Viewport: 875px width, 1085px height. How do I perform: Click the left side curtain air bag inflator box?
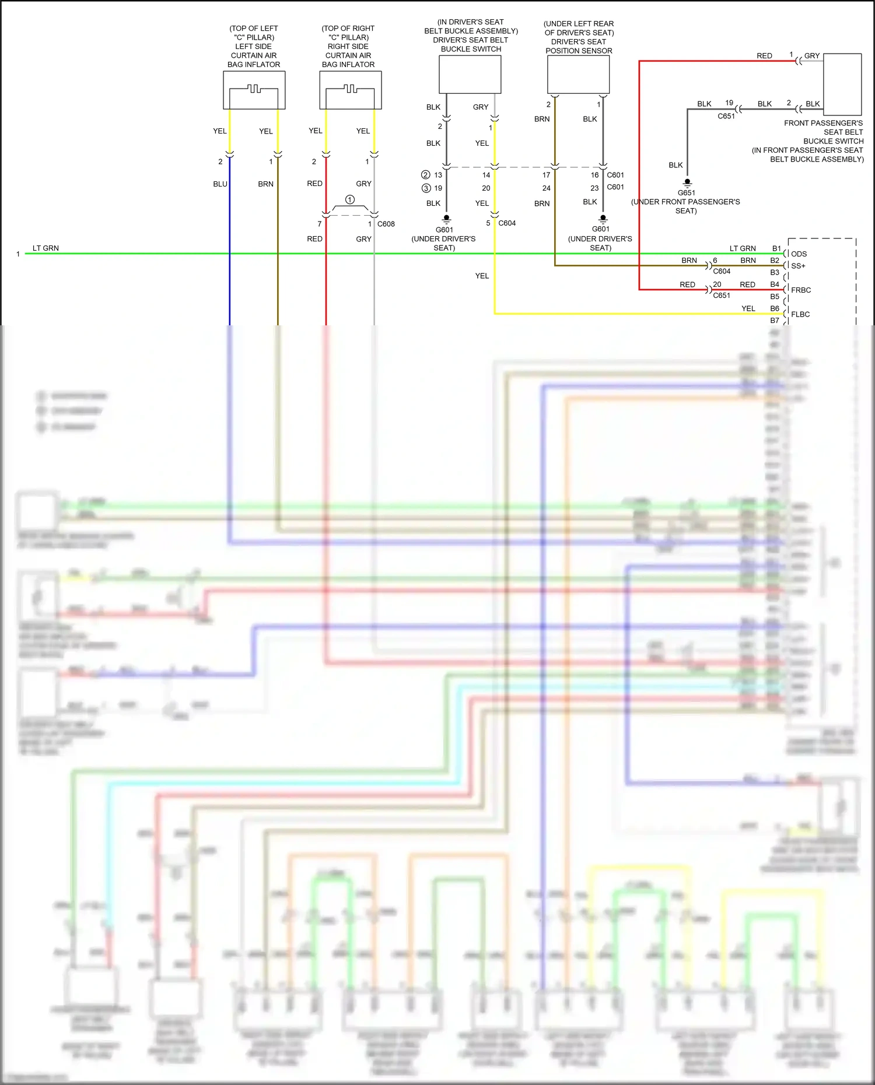254,90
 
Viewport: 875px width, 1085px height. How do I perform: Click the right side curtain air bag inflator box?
350,90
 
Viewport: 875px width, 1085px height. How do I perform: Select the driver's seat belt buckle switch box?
470,74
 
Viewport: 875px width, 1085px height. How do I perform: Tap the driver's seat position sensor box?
578,75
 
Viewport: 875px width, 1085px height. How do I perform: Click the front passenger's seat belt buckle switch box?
842,85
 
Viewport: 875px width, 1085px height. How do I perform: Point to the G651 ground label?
686,193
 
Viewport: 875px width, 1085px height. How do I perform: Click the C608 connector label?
386,224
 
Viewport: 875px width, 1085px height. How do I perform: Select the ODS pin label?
799,254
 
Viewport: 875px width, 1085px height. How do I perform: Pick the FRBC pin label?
800,290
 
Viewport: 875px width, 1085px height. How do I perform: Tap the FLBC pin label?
800,314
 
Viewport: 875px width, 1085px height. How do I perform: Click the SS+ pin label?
797,266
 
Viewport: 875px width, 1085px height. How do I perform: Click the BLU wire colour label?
220,184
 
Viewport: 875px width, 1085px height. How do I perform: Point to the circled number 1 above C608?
350,199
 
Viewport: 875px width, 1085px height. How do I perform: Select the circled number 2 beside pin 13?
426,175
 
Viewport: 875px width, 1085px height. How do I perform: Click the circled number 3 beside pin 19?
426,188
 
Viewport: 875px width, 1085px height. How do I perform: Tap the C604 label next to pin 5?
506,223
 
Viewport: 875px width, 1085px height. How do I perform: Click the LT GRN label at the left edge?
45,248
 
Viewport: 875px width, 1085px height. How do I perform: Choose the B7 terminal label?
774,321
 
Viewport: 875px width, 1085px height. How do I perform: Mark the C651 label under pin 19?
726,116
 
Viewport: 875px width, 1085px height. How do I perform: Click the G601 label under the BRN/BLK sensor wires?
600,229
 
